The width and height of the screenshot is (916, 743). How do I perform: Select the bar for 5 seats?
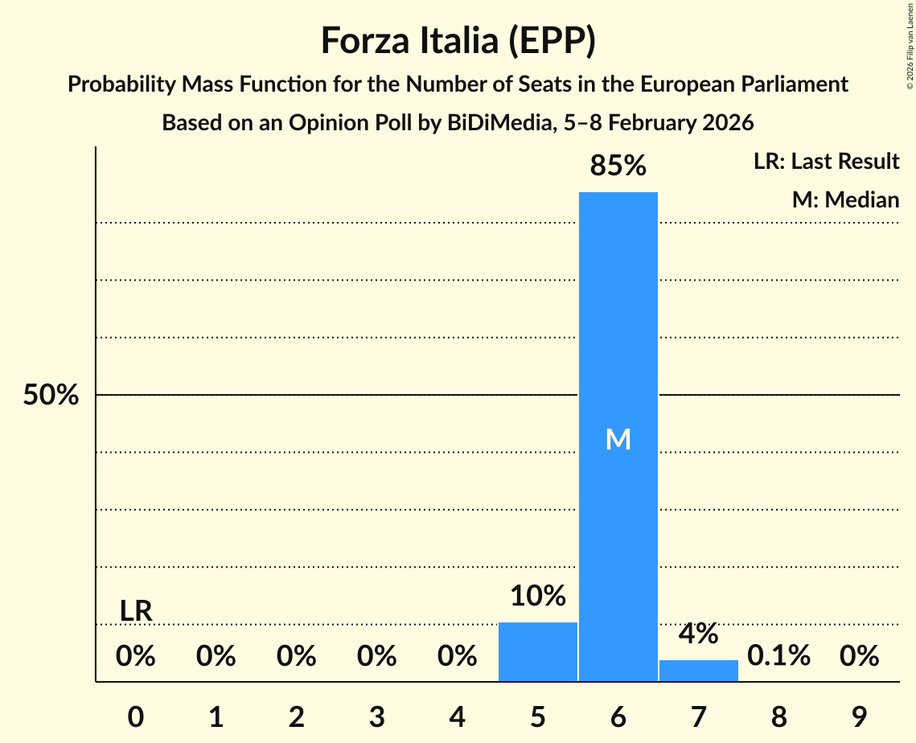(537, 651)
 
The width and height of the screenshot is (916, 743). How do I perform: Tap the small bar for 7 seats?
(698, 671)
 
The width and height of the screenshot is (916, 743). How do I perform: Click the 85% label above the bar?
(618, 166)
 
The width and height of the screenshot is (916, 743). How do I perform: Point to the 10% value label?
(537, 596)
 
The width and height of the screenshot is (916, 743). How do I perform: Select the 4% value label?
(698, 634)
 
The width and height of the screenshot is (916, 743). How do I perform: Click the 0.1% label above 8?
(778, 656)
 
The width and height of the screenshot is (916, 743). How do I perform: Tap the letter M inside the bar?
(618, 439)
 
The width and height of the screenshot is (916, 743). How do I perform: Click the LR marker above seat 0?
(136, 611)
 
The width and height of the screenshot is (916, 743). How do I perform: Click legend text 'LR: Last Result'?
(826, 162)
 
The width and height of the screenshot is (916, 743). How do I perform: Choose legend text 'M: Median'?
(845, 199)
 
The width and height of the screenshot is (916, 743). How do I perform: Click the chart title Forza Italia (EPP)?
(458, 40)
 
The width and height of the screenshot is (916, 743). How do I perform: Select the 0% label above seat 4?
(457, 656)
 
